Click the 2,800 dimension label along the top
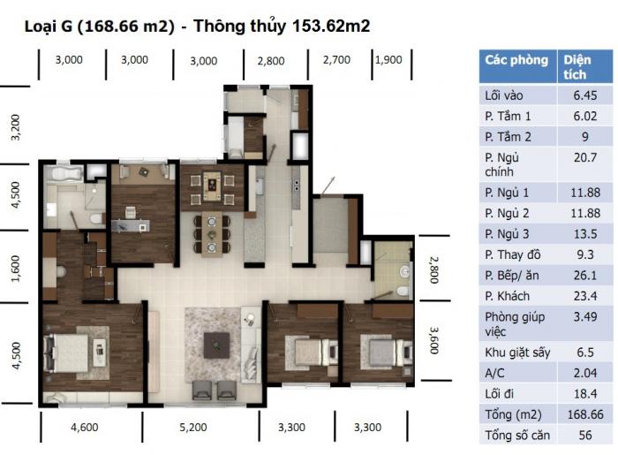[x=271, y=61]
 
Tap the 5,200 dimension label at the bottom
[x=193, y=428]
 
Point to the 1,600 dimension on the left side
[x=15, y=269]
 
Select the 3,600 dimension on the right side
[x=433, y=340]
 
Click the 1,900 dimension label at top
[x=388, y=60]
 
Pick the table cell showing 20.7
[x=585, y=158]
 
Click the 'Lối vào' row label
[x=504, y=95]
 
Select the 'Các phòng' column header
[x=516, y=60]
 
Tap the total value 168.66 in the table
[x=585, y=414]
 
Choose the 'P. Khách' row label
[x=508, y=296]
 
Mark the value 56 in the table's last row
[x=585, y=436]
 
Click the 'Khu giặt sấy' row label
[x=517, y=353]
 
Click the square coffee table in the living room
[x=216, y=345]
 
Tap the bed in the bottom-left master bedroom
[x=67, y=353]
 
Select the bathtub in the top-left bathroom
[x=64, y=174]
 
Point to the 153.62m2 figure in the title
[x=331, y=27]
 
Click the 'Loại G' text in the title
[x=49, y=27]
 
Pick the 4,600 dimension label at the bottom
[x=85, y=428]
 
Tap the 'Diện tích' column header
[x=577, y=67]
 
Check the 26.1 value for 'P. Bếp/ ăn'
[x=585, y=276]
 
